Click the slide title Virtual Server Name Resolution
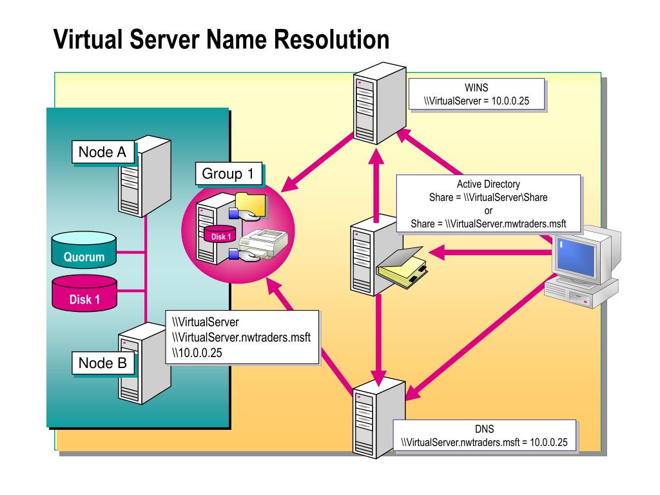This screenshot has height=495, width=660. click(x=221, y=40)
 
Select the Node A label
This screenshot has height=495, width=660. click(x=102, y=153)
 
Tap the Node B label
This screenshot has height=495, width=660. click(x=102, y=363)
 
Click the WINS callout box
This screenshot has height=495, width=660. click(x=476, y=95)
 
